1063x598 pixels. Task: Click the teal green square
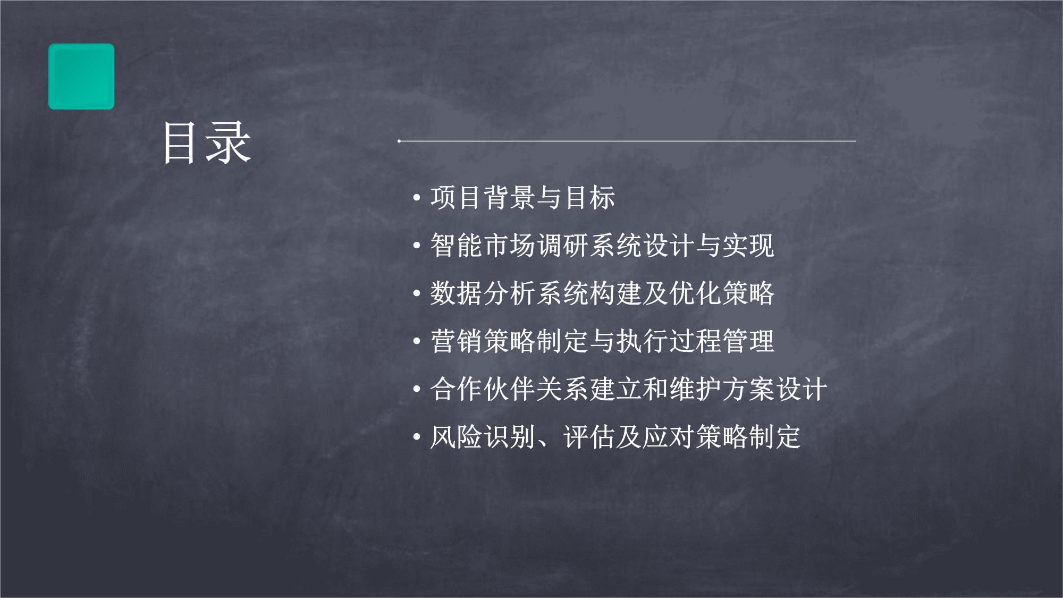coord(81,77)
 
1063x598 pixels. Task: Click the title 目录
coord(207,142)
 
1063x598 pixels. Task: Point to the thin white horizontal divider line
coord(627,141)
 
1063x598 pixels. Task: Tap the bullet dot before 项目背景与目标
coord(417,198)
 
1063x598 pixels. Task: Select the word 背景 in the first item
coord(510,198)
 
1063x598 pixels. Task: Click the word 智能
coord(457,246)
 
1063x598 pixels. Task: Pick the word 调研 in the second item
coord(563,246)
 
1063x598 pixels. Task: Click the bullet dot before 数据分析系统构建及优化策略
coord(417,294)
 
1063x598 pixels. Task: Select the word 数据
coord(457,293)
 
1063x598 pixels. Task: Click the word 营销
coord(457,341)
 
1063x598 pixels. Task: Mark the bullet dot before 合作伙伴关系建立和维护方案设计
coord(417,390)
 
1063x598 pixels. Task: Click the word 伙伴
coord(510,389)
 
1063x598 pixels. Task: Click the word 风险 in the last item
coord(457,437)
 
